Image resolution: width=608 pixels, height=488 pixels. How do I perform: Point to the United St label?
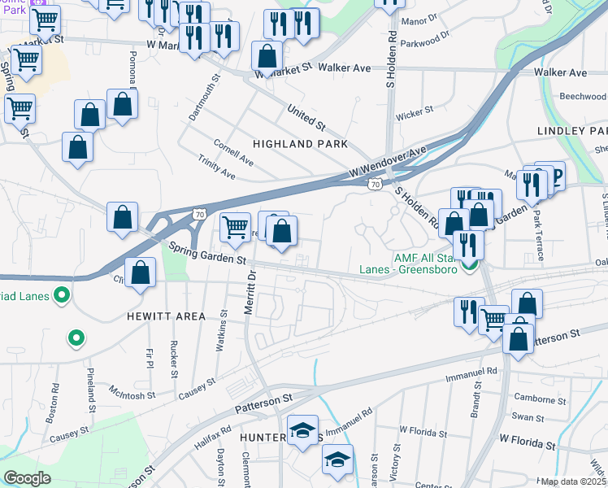(x=306, y=118)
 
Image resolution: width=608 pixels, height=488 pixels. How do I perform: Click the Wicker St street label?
(x=414, y=112)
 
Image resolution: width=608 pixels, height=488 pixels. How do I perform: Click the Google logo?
(x=27, y=477)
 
